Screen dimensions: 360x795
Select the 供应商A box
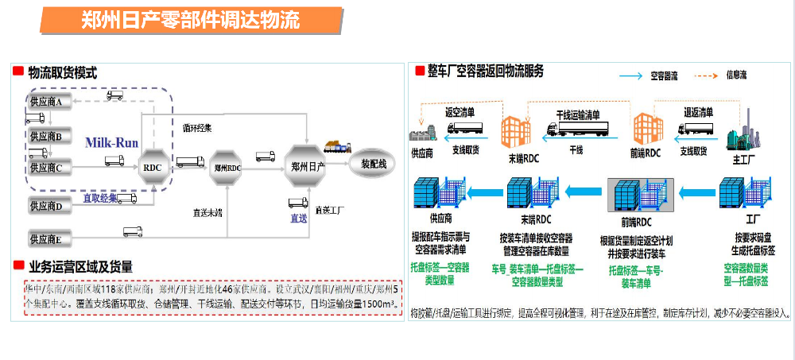click(x=50, y=101)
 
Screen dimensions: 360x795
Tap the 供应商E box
click(x=50, y=238)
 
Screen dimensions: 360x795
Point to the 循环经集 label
click(x=196, y=127)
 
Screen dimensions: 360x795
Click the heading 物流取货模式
click(x=62, y=72)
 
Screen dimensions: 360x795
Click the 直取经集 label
click(x=101, y=198)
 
